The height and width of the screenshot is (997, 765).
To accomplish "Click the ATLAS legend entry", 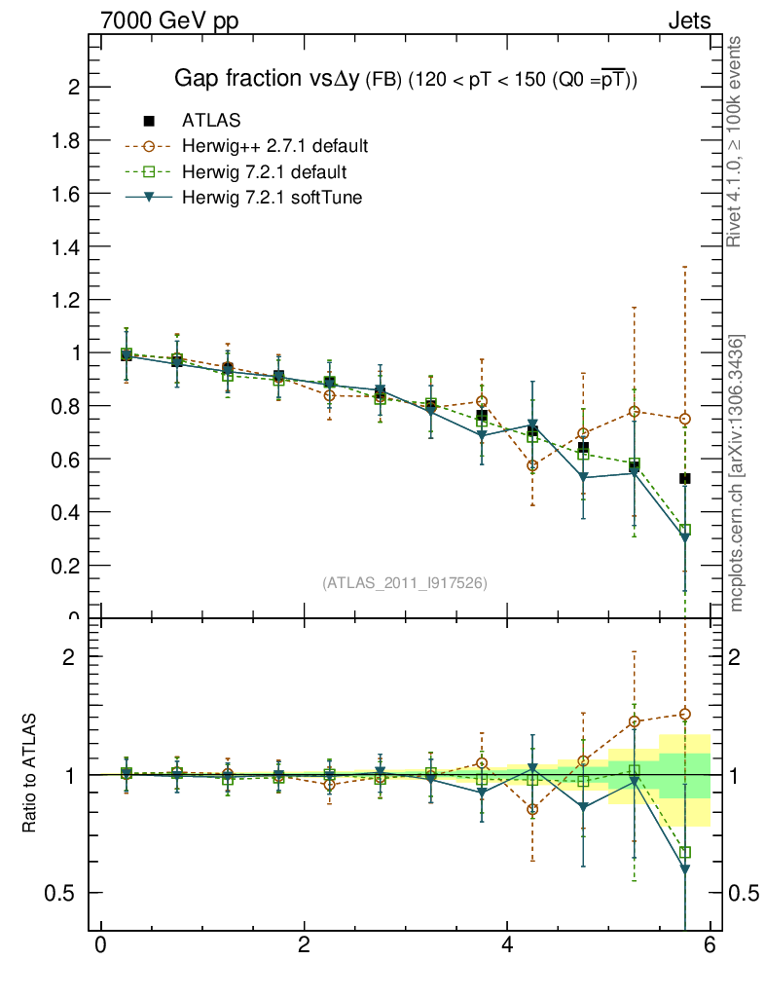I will click(x=211, y=121).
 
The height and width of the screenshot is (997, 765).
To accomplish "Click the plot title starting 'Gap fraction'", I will click(x=405, y=79).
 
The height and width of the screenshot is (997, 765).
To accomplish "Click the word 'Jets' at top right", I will click(x=688, y=20).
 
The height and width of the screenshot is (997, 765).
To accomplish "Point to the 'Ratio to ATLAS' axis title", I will click(x=31, y=775).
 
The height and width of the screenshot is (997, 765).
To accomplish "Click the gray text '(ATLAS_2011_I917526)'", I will click(x=405, y=582).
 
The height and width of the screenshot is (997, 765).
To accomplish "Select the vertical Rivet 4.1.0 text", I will click(x=735, y=142).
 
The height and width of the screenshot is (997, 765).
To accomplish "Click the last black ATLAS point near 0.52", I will click(x=685, y=479).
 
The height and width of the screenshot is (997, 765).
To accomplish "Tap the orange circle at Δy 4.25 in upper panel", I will click(x=532, y=465).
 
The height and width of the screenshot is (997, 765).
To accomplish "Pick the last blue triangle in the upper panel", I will click(x=685, y=537).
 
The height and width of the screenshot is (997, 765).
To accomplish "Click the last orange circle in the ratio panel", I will click(x=685, y=714).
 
